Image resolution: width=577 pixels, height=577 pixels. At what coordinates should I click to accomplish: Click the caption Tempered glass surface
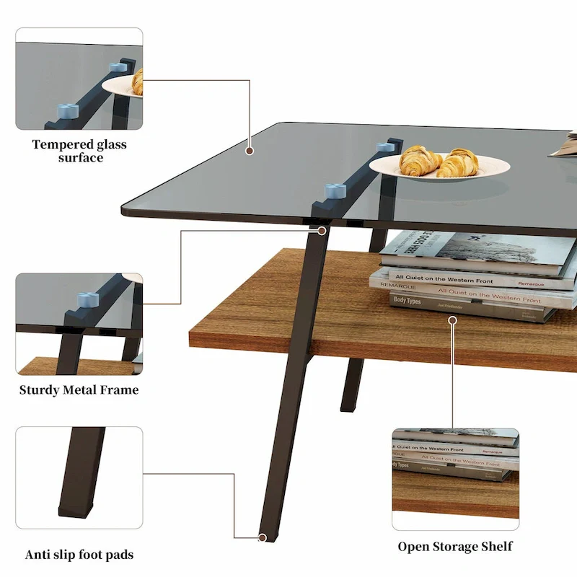[x=79, y=151]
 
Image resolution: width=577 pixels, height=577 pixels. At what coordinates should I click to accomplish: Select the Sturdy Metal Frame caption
[x=79, y=390]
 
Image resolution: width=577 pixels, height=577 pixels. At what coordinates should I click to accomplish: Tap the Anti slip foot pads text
[x=79, y=555]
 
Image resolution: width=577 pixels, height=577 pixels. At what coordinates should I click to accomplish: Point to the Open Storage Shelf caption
[x=455, y=546]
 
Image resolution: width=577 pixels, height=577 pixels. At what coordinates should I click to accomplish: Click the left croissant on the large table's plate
[x=420, y=160]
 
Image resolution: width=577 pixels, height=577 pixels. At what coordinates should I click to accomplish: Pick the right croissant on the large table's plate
[x=459, y=163]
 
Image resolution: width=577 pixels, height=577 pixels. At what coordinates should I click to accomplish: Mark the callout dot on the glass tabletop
[x=250, y=151]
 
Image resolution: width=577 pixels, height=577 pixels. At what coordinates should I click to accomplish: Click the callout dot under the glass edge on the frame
[x=322, y=231]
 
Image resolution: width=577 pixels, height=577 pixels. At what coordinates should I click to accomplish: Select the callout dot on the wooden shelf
[x=452, y=319]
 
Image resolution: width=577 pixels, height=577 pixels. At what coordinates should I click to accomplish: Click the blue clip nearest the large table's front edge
[x=335, y=191]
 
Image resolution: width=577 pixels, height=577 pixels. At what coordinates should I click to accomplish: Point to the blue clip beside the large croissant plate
[x=388, y=147]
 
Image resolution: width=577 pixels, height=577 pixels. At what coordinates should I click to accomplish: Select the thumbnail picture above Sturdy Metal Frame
[x=79, y=323]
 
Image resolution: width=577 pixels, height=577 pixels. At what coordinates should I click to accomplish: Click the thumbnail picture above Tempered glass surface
[x=79, y=79]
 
